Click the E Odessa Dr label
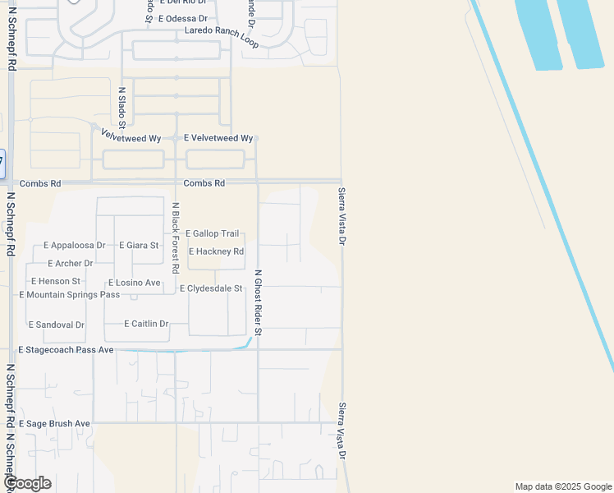(182, 18)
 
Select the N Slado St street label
(121, 108)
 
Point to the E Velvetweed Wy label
(218, 138)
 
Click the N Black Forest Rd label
(175, 237)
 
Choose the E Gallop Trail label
(212, 234)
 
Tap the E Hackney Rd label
(216, 251)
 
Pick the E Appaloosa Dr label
(75, 246)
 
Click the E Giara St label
(139, 246)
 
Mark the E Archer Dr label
(71, 264)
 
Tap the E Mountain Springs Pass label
(69, 294)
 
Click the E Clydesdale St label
(211, 288)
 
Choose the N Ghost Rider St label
(258, 302)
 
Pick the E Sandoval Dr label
(57, 325)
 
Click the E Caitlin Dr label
(146, 324)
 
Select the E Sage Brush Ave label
(53, 423)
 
